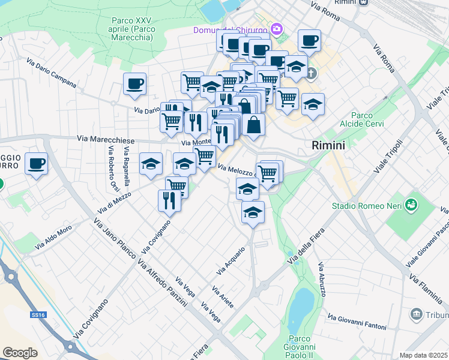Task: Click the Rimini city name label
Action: click(328, 145)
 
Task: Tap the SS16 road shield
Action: click(38, 314)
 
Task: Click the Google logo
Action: click(20, 353)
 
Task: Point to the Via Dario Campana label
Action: click(51, 72)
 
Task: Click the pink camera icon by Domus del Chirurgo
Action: click(277, 29)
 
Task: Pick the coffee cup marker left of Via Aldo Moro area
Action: click(36, 164)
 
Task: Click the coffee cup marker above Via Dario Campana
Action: click(134, 85)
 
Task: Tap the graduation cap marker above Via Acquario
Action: click(253, 213)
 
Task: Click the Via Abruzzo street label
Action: click(322, 279)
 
